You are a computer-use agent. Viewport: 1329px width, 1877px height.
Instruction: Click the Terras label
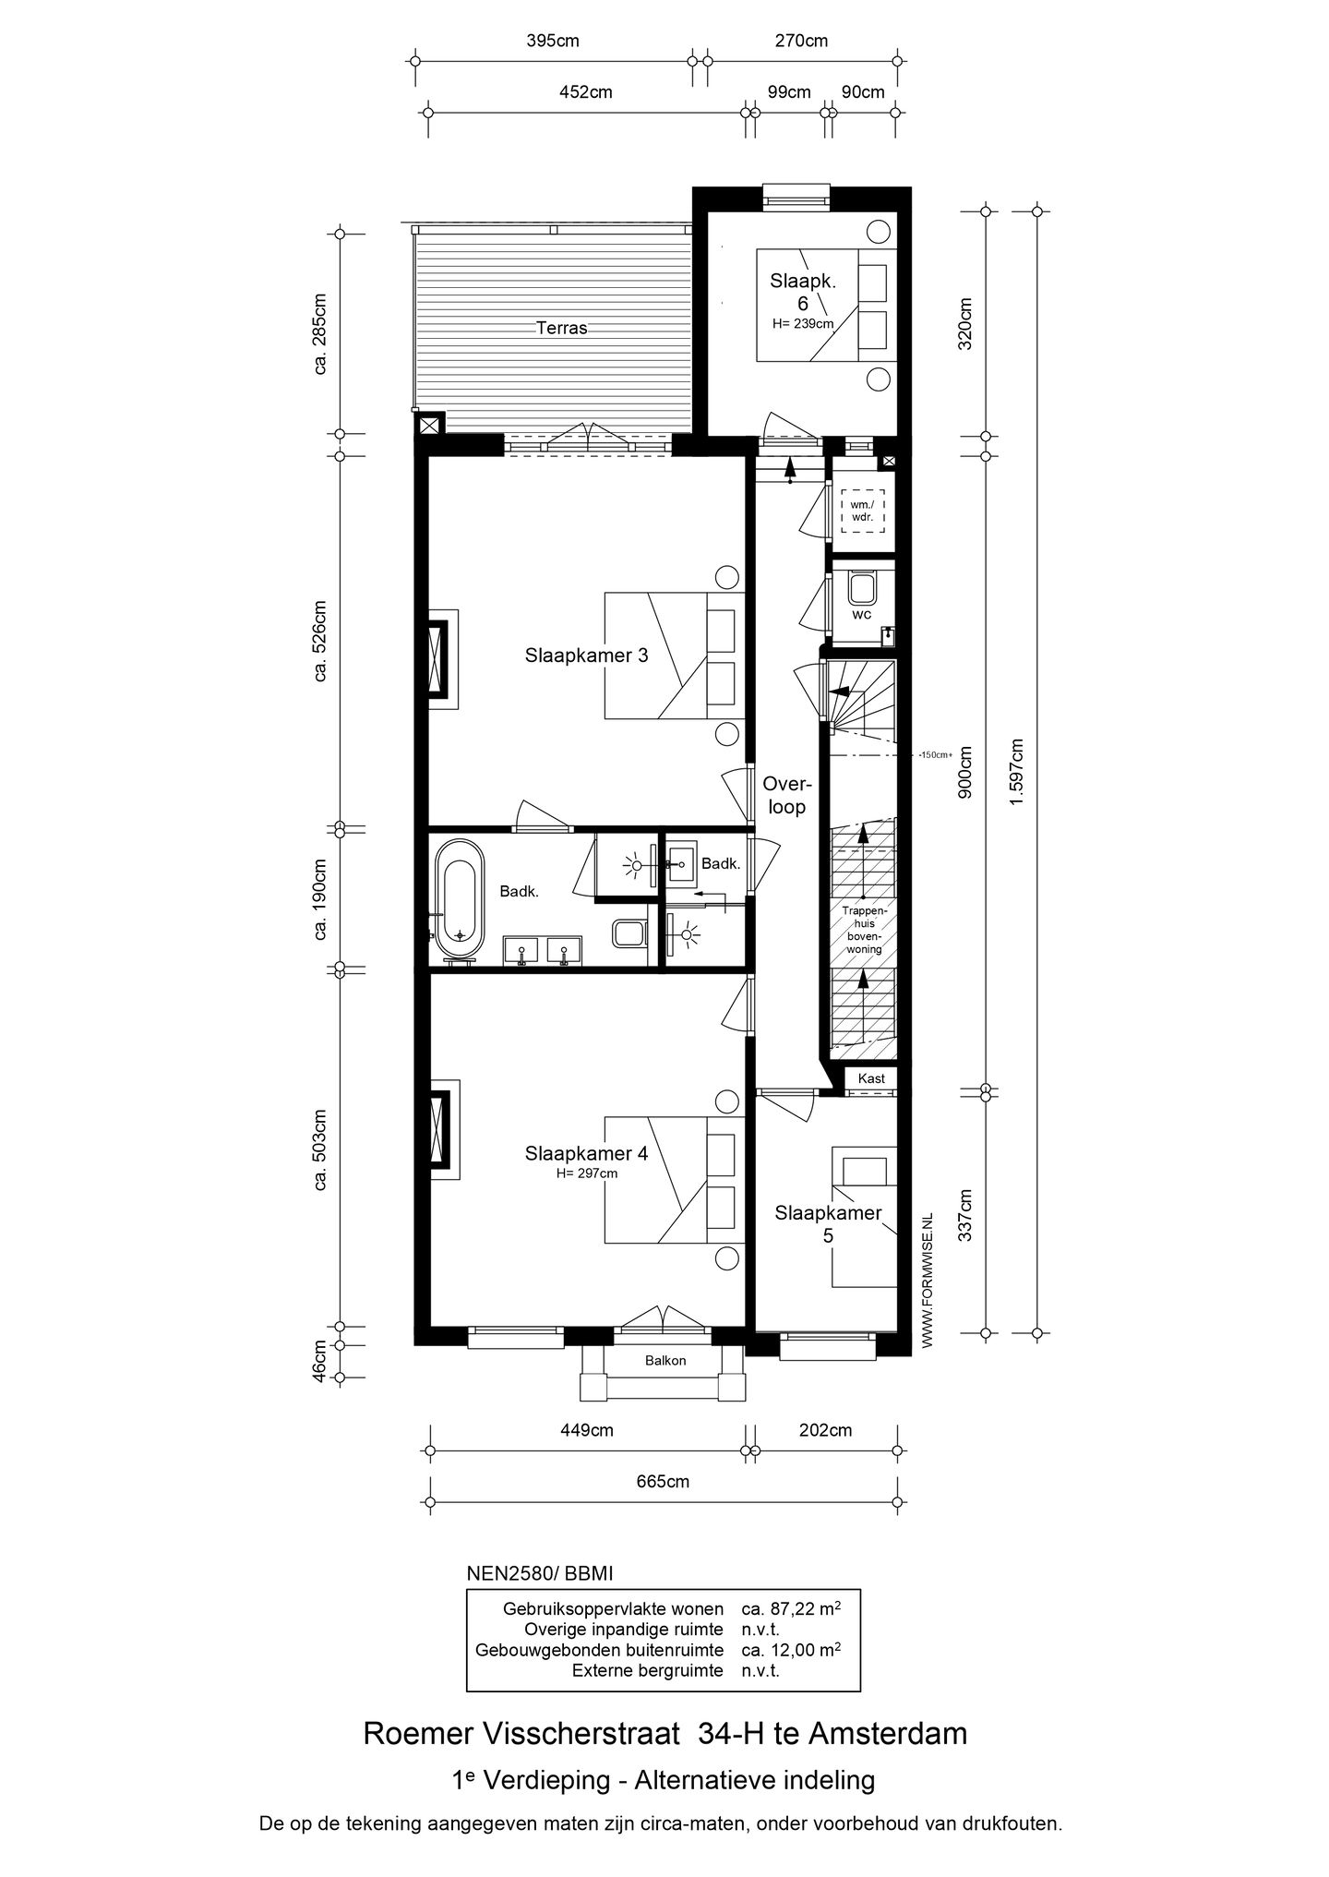tap(561, 328)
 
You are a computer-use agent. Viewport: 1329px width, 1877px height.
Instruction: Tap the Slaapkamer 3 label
tap(586, 656)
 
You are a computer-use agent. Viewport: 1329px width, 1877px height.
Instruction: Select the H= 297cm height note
tap(586, 1173)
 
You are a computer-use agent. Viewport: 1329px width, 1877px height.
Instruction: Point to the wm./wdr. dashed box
tap(862, 511)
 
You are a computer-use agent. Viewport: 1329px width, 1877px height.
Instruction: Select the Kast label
tap(870, 1078)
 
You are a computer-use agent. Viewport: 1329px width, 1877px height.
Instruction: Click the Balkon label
tap(664, 1361)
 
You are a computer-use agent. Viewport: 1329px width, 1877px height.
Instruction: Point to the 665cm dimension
tap(664, 1482)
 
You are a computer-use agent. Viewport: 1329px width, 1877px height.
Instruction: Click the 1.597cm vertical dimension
tap(1016, 772)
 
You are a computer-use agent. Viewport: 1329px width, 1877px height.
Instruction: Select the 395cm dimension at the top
tap(552, 41)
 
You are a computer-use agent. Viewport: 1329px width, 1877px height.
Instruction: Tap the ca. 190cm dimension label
tap(320, 898)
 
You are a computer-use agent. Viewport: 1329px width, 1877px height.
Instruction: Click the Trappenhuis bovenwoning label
tap(864, 930)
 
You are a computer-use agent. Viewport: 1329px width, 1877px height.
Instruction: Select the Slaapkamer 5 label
tap(828, 1223)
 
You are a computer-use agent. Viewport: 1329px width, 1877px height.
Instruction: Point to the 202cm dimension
tap(826, 1431)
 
